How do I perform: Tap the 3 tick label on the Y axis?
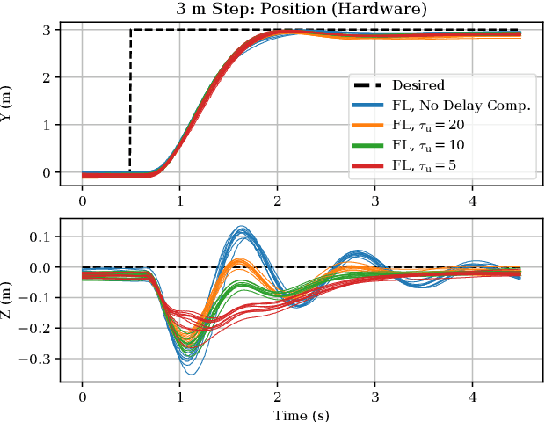pos(47,30)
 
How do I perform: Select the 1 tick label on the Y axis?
pos(47,125)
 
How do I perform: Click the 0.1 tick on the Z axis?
pos(40,236)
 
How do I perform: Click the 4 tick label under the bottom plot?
pos(472,395)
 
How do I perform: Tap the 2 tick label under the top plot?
pos(278,200)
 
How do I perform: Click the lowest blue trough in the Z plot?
pos(190,374)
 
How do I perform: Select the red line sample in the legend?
pos(368,164)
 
